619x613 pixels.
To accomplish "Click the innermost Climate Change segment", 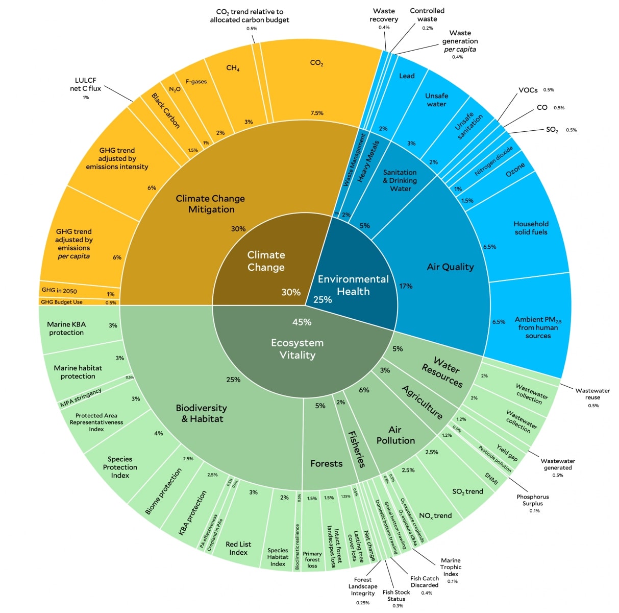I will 266,261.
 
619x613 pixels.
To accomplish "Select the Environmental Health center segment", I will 353,285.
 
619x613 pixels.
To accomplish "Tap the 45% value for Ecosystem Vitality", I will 302,322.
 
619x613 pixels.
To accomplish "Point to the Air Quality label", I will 450,267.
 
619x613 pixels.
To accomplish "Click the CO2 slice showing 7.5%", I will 316,82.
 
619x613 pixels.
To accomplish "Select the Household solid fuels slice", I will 531,228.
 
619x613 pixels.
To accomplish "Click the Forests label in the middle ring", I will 326,463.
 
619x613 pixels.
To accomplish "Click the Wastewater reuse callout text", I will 592,394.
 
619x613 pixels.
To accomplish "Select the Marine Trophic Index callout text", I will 451,567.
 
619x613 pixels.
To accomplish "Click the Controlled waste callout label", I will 427,15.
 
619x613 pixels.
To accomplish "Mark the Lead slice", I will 407,76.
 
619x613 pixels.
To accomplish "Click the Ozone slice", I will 515,170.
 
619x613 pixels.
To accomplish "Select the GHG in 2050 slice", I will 60,291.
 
